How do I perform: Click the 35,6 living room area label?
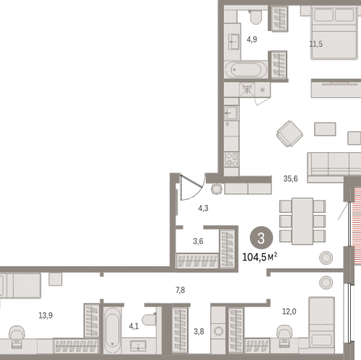pos(290,179)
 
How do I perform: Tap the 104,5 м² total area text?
pos(259,257)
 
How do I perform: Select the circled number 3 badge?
pos(261,238)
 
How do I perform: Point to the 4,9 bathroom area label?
pos(252,39)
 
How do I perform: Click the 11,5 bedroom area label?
pos(316,44)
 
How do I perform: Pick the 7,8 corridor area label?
pos(180,290)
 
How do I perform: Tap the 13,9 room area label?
pos(45,315)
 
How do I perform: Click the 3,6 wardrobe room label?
pos(198,241)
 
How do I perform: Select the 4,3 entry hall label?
pos(203,208)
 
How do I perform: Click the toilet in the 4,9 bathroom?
pos(256,17)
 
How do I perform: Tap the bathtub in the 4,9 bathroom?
pos(246,70)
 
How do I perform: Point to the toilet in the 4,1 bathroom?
pos(149,320)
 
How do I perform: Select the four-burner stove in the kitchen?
pos(231,159)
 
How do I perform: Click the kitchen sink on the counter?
pos(231,113)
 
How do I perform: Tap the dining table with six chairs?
pos(303,221)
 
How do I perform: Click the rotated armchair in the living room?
pos(290,133)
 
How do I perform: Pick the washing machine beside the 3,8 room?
pos(218,330)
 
